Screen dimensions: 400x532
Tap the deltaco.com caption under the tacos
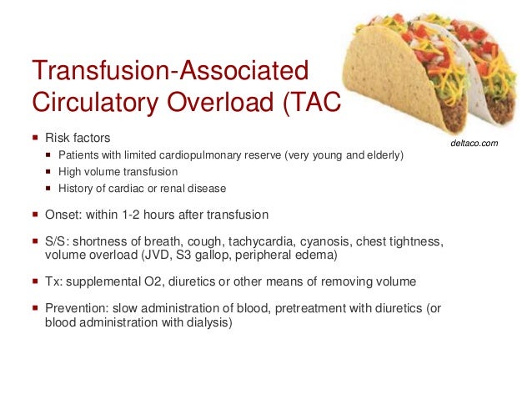[x=474, y=144]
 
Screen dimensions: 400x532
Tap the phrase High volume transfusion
[x=118, y=172]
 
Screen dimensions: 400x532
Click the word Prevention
[x=77, y=308]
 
